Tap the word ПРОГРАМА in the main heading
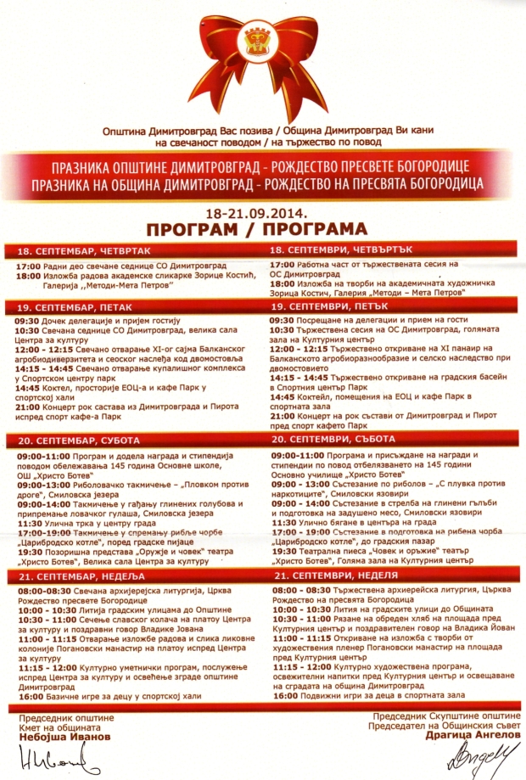point(316,229)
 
